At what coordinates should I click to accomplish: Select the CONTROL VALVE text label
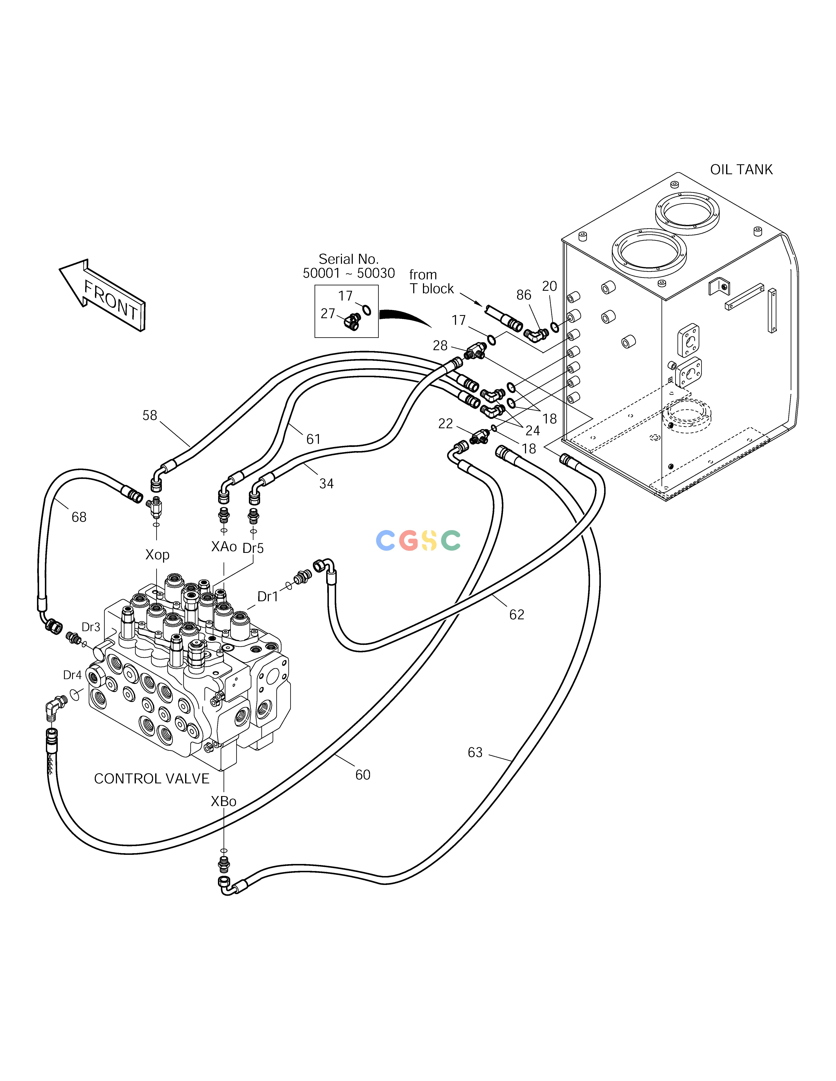click(151, 779)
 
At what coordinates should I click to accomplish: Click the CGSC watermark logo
click(418, 540)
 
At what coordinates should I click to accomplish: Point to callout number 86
click(524, 295)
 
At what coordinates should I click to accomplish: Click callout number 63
click(475, 752)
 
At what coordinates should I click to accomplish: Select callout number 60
click(363, 775)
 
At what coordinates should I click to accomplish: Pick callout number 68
click(79, 517)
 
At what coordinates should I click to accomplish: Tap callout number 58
click(150, 415)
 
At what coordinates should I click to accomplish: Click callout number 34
click(326, 483)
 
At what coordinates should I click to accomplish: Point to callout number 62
click(516, 615)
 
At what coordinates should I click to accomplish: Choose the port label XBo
click(223, 801)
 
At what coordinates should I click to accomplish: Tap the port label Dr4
click(72, 675)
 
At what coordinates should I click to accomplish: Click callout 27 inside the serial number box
click(328, 313)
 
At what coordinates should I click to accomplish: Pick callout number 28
click(440, 346)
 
